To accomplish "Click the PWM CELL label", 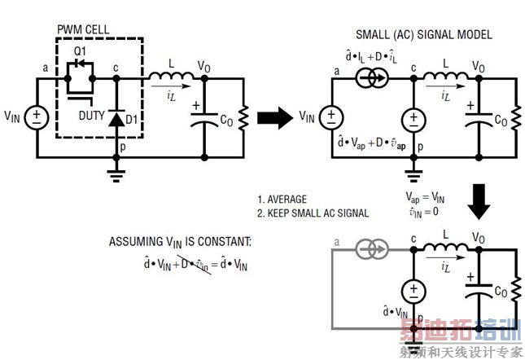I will pos(84,30).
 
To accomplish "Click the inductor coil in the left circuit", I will pos(168,76).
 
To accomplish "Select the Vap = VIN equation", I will pos(426,197).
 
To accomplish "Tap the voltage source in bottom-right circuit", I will pos(413,290).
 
